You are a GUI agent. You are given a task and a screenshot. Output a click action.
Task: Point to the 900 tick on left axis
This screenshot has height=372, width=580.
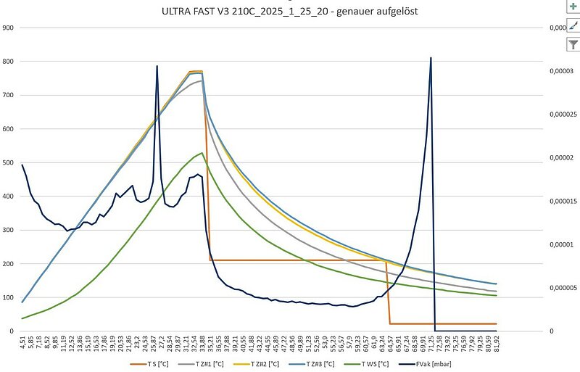(x=9, y=28)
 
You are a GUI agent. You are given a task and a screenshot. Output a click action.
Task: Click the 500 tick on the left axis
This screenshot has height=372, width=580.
(x=9, y=162)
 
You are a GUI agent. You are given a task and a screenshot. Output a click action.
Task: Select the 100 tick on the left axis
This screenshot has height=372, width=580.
(x=9, y=297)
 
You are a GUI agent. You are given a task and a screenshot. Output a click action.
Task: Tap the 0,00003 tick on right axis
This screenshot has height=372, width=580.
(x=559, y=71)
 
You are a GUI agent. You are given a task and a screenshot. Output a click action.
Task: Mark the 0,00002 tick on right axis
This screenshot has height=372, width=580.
(x=559, y=158)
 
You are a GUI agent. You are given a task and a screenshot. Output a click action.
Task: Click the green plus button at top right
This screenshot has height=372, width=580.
(x=573, y=6)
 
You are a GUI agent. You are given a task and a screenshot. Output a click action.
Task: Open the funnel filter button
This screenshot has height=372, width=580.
(x=573, y=45)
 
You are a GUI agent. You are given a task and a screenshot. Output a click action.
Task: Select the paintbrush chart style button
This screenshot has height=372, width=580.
(x=573, y=25)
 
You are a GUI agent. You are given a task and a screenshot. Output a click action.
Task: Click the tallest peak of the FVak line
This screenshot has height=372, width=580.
(x=431, y=58)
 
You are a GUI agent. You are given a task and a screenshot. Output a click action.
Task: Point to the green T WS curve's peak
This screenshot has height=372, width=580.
(x=202, y=153)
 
